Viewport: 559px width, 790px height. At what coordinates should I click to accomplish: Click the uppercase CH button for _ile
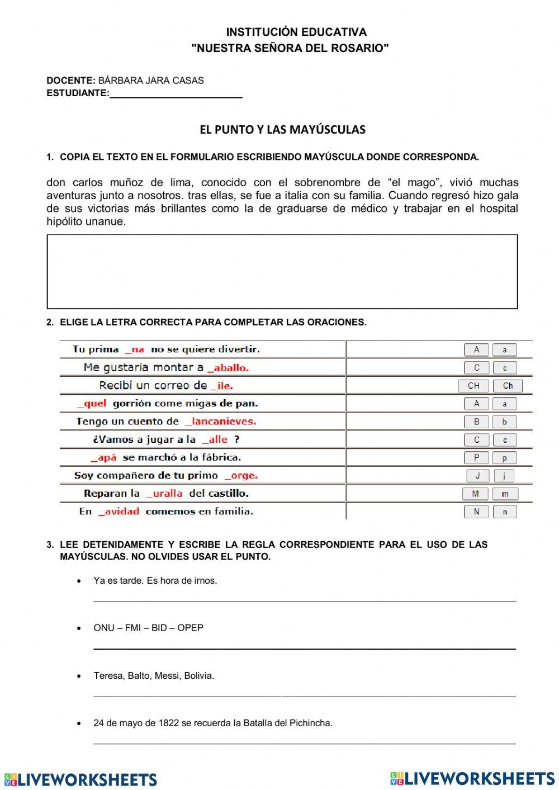coord(473,386)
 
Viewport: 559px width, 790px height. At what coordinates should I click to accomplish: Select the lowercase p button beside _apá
coord(504,458)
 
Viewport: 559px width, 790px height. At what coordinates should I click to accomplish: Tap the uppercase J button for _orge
coord(477,476)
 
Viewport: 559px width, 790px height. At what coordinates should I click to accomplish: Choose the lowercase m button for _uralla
coord(505,494)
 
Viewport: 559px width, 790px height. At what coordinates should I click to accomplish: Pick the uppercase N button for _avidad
coord(476,512)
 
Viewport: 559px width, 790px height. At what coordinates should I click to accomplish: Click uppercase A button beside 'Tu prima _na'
coord(476,350)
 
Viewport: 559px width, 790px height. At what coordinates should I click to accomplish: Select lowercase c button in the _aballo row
coord(504,368)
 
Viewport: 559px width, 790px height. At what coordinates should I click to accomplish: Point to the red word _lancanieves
coord(220,422)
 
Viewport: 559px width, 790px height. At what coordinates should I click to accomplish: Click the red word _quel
coord(92,404)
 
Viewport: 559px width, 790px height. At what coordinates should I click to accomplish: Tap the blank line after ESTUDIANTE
coord(176,94)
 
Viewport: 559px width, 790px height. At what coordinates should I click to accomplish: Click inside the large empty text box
coord(282,272)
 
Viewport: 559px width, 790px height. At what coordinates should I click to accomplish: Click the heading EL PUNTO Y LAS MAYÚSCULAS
coord(282,130)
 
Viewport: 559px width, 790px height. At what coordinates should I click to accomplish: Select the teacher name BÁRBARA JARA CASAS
coord(151,81)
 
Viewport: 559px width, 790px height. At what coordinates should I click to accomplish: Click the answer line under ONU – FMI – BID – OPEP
coord(304,648)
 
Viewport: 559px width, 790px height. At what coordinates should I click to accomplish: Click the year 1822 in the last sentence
coord(168,723)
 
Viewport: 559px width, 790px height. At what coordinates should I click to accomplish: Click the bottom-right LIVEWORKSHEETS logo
coord(472,779)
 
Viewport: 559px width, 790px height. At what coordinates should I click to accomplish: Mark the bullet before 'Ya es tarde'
coord(79,581)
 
